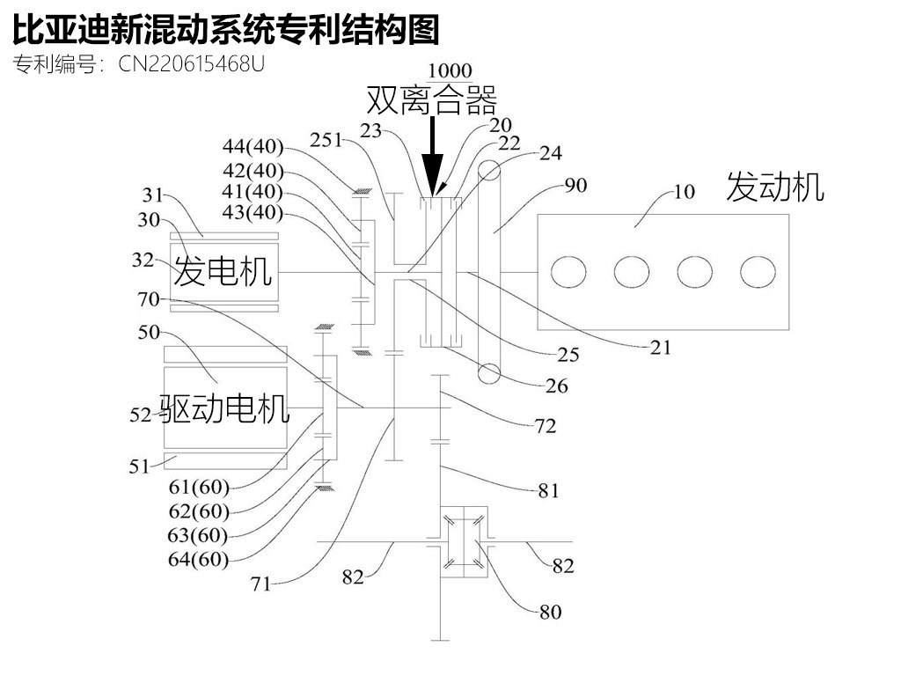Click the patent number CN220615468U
190,64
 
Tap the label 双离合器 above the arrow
432,100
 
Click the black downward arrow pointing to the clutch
432,158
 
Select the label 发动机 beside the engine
774,187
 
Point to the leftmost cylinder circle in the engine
568,272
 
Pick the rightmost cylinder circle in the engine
758,272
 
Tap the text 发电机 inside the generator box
222,271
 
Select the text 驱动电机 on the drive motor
224,408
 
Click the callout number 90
575,185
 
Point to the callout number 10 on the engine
683,191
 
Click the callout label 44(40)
253,145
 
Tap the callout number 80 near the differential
550,611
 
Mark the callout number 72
545,427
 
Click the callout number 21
660,348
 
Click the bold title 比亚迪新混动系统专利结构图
225,31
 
